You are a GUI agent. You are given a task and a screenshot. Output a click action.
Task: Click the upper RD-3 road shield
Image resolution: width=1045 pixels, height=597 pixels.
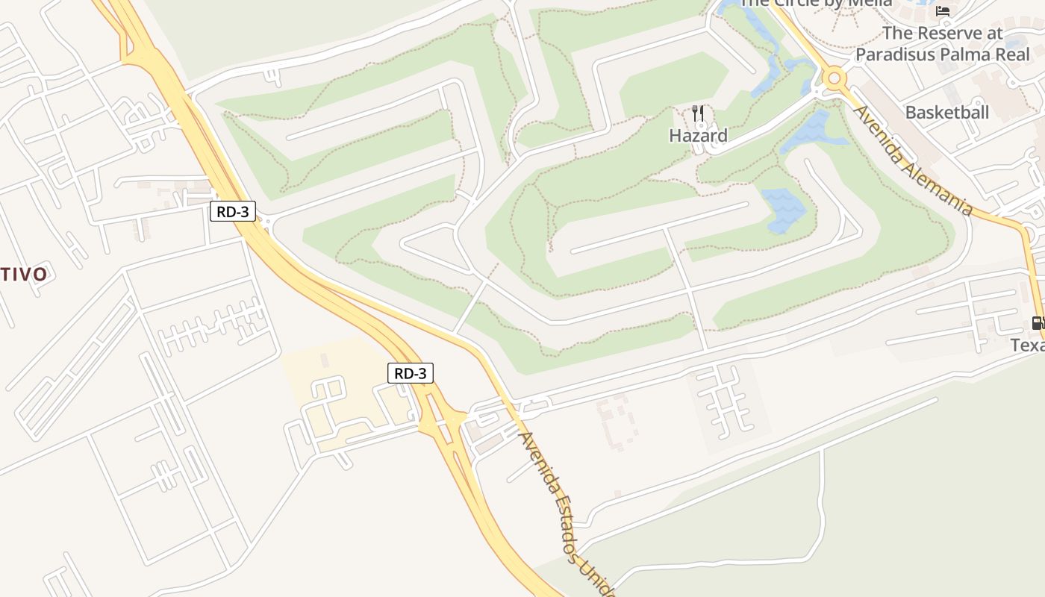[233, 211]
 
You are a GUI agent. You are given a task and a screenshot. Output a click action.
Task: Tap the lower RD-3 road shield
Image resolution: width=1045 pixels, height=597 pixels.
[410, 373]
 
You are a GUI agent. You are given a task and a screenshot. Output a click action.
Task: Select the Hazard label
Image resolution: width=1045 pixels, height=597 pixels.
[698, 136]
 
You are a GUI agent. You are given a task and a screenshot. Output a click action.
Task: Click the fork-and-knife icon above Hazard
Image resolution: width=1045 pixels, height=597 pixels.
[698, 113]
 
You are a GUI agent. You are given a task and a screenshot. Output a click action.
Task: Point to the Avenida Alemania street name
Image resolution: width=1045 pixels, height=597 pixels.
[912, 160]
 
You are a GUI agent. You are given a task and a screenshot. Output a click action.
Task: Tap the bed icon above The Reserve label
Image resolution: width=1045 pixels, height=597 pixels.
[943, 10]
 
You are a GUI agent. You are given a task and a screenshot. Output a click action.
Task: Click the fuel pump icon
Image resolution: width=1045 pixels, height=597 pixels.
[1038, 323]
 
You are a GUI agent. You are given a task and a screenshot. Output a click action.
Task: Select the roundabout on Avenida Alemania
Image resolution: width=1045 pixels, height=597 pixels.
[834, 77]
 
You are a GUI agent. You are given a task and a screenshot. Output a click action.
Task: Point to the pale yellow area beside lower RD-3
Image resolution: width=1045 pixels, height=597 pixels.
[336, 388]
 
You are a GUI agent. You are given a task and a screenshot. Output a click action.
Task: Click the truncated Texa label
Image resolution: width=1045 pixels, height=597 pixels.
[1028, 346]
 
